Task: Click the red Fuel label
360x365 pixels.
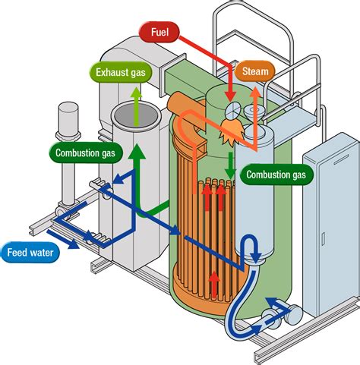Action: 159,32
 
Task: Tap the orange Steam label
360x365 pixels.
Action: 255,71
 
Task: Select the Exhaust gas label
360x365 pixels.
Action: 121,73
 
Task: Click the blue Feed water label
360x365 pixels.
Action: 30,253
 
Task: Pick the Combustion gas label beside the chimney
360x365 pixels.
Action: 85,153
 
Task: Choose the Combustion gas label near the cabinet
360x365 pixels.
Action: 276,175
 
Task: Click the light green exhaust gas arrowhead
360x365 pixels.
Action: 137,93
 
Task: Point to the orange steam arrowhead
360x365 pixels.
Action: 255,93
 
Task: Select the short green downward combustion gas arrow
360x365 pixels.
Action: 231,165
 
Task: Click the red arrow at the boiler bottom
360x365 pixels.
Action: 215,284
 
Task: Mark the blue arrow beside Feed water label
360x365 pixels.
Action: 63,240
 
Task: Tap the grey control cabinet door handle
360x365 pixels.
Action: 323,240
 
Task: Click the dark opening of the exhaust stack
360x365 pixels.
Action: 137,116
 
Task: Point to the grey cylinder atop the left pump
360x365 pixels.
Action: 68,118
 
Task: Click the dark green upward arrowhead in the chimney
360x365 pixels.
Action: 137,152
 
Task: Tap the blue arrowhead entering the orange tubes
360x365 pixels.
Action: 175,230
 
